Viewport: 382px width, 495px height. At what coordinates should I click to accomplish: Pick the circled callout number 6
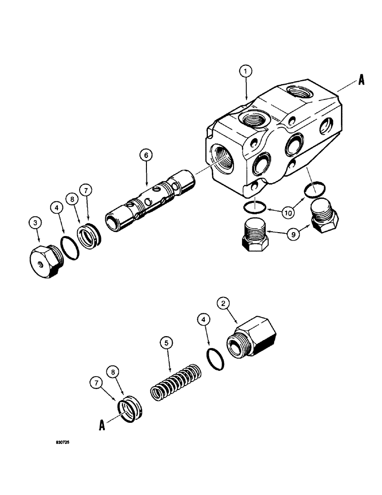[x=146, y=155]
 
